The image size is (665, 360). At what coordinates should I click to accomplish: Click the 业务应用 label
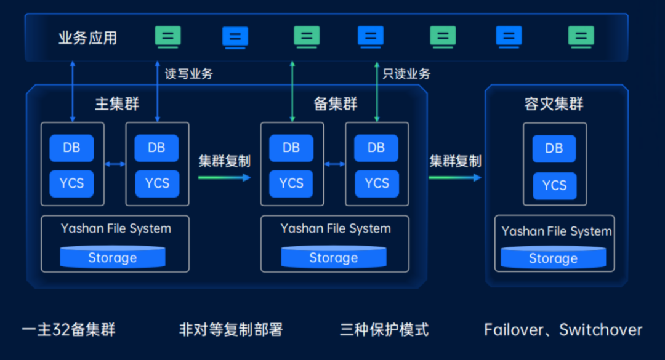(87, 38)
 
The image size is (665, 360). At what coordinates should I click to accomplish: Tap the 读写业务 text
(189, 74)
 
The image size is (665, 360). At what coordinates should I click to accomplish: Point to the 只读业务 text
(406, 74)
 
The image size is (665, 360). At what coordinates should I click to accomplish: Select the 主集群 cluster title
(117, 103)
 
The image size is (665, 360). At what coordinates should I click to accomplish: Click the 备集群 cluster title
(336, 103)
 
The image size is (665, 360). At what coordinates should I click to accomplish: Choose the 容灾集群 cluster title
(554, 103)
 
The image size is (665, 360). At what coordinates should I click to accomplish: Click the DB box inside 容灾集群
(554, 148)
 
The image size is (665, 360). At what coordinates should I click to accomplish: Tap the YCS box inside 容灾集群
(554, 185)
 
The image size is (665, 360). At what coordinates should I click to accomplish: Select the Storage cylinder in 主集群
(112, 257)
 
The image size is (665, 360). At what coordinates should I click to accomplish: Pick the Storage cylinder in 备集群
(333, 257)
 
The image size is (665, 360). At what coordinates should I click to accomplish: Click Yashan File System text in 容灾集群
(556, 231)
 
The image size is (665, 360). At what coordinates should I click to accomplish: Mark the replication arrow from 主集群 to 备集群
(225, 177)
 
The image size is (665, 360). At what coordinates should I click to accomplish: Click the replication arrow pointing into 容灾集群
(455, 177)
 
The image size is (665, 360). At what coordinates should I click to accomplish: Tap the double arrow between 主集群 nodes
(115, 164)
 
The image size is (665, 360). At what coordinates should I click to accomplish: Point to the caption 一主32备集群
(68, 330)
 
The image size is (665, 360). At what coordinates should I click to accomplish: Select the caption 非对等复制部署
(230, 330)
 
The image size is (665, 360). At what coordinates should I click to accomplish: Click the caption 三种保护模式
(384, 330)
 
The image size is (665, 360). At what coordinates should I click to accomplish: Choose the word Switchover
(600, 330)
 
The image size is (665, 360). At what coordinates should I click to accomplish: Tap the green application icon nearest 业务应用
(167, 36)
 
